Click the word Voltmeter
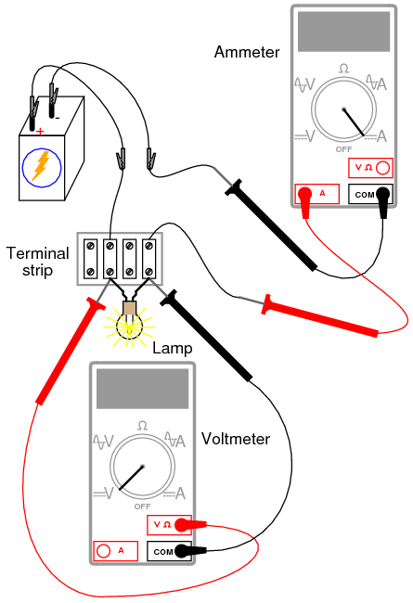point(234,438)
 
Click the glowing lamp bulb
point(128,322)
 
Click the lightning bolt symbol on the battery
point(41,167)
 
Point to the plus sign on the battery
point(40,131)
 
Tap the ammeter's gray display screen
point(343,32)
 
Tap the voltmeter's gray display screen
point(142,388)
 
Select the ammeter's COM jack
point(369,194)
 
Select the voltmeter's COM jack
point(169,550)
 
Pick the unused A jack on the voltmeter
point(116,550)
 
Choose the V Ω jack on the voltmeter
point(169,525)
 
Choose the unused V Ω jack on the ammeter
point(369,168)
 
